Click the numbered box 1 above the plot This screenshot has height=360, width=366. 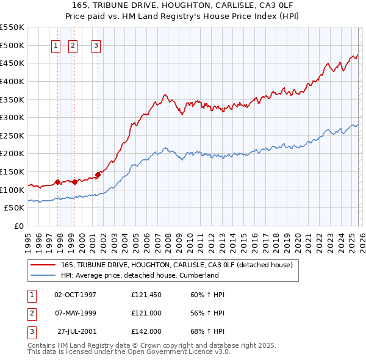pos(56,45)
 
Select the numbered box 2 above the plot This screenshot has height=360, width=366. pos(73,45)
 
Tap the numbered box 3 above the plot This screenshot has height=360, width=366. pos(96,45)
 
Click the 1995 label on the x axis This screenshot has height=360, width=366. pos(27,238)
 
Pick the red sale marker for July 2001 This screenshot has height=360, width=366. pos(98,175)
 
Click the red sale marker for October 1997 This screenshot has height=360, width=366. pos(57,182)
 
